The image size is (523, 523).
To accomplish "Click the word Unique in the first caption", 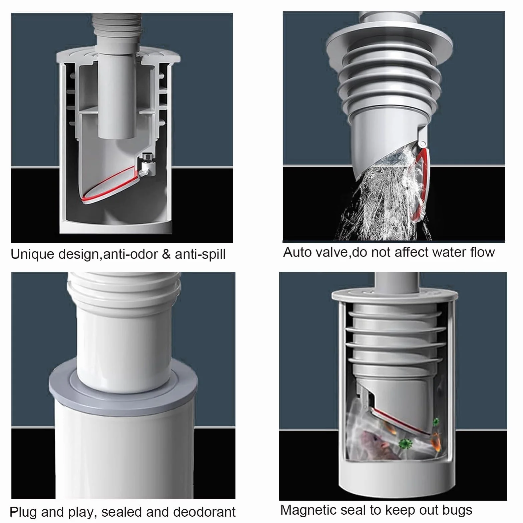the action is click(x=33, y=254).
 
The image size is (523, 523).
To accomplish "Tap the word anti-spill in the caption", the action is click(x=200, y=254).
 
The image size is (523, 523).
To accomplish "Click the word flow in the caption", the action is click(x=483, y=252).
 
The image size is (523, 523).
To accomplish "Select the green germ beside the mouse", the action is click(x=405, y=444).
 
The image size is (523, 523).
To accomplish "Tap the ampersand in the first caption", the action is click(x=166, y=254).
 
